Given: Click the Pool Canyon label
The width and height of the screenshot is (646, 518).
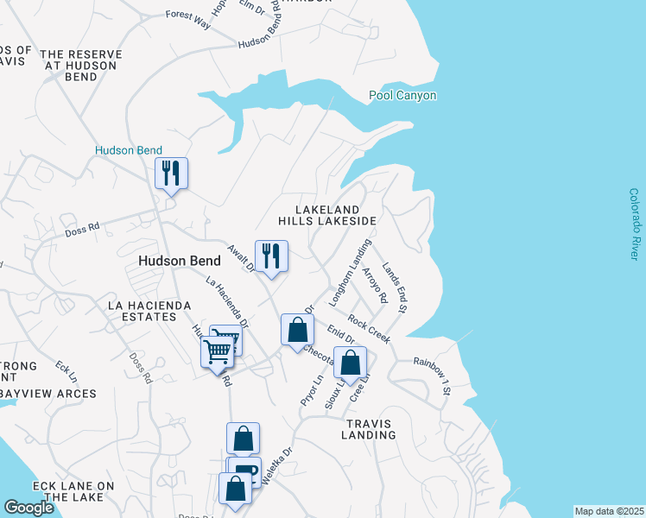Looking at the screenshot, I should (x=402, y=96).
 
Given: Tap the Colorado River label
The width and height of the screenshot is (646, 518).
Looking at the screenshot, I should (x=634, y=224).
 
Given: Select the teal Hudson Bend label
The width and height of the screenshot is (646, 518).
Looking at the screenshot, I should (x=129, y=151).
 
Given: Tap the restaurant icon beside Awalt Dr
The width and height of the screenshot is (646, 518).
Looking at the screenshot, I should (x=271, y=256).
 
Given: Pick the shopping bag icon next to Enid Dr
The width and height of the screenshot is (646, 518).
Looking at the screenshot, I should (x=297, y=331).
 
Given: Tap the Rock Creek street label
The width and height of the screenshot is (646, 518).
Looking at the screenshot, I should (x=370, y=329).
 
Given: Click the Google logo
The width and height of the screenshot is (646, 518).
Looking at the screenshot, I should (x=29, y=508).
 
